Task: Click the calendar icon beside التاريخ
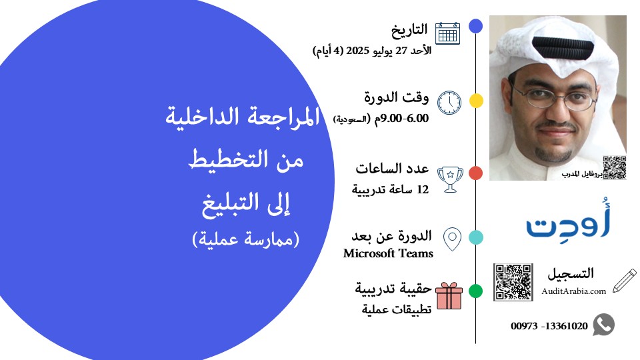click(447, 33)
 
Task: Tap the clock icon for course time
click(449, 102)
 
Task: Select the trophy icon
click(450, 178)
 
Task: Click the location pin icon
click(453, 239)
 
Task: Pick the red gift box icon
click(449, 295)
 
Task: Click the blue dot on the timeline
click(476, 26)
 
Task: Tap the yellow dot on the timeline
click(476, 101)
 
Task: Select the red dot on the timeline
click(476, 173)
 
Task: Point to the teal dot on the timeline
click(476, 237)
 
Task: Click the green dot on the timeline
click(476, 291)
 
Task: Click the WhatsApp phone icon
click(603, 325)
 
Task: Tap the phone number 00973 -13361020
click(549, 327)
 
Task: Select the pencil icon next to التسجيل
click(624, 281)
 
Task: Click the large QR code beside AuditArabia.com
click(513, 282)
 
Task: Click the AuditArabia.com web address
click(574, 291)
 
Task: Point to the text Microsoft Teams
click(388, 253)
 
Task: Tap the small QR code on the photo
click(614, 167)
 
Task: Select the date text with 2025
click(371, 50)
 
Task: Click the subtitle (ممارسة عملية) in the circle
click(246, 238)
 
